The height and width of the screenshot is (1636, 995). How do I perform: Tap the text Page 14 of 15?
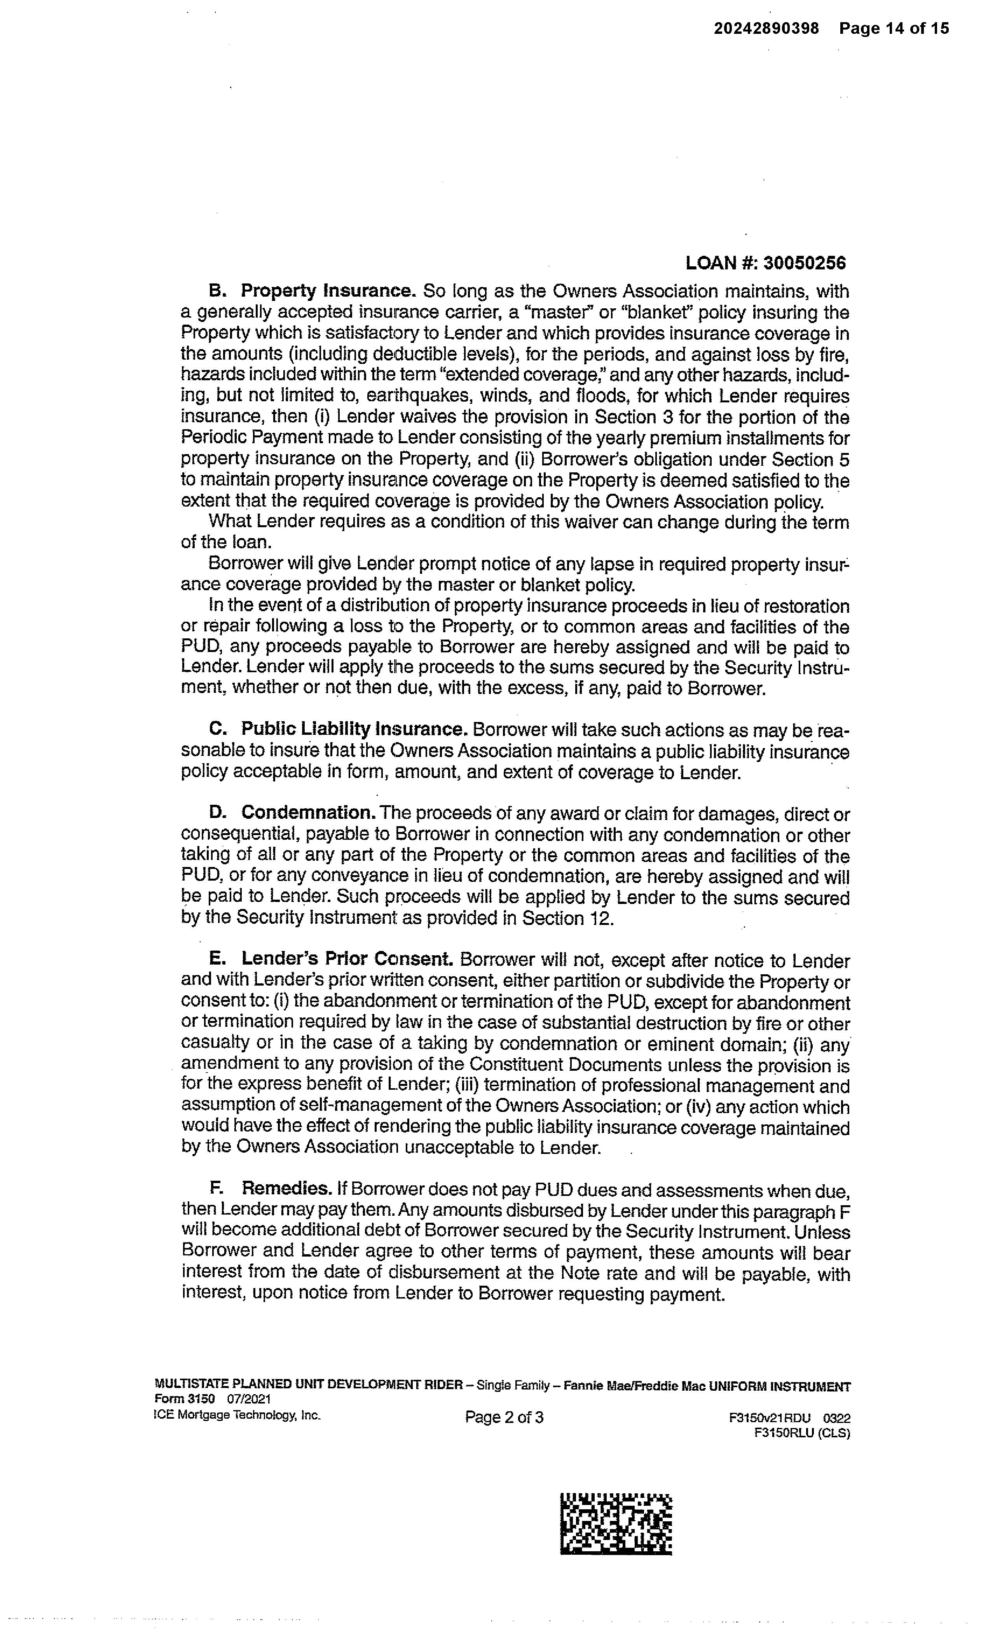click(894, 28)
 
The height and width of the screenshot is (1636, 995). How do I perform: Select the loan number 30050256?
click(805, 264)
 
